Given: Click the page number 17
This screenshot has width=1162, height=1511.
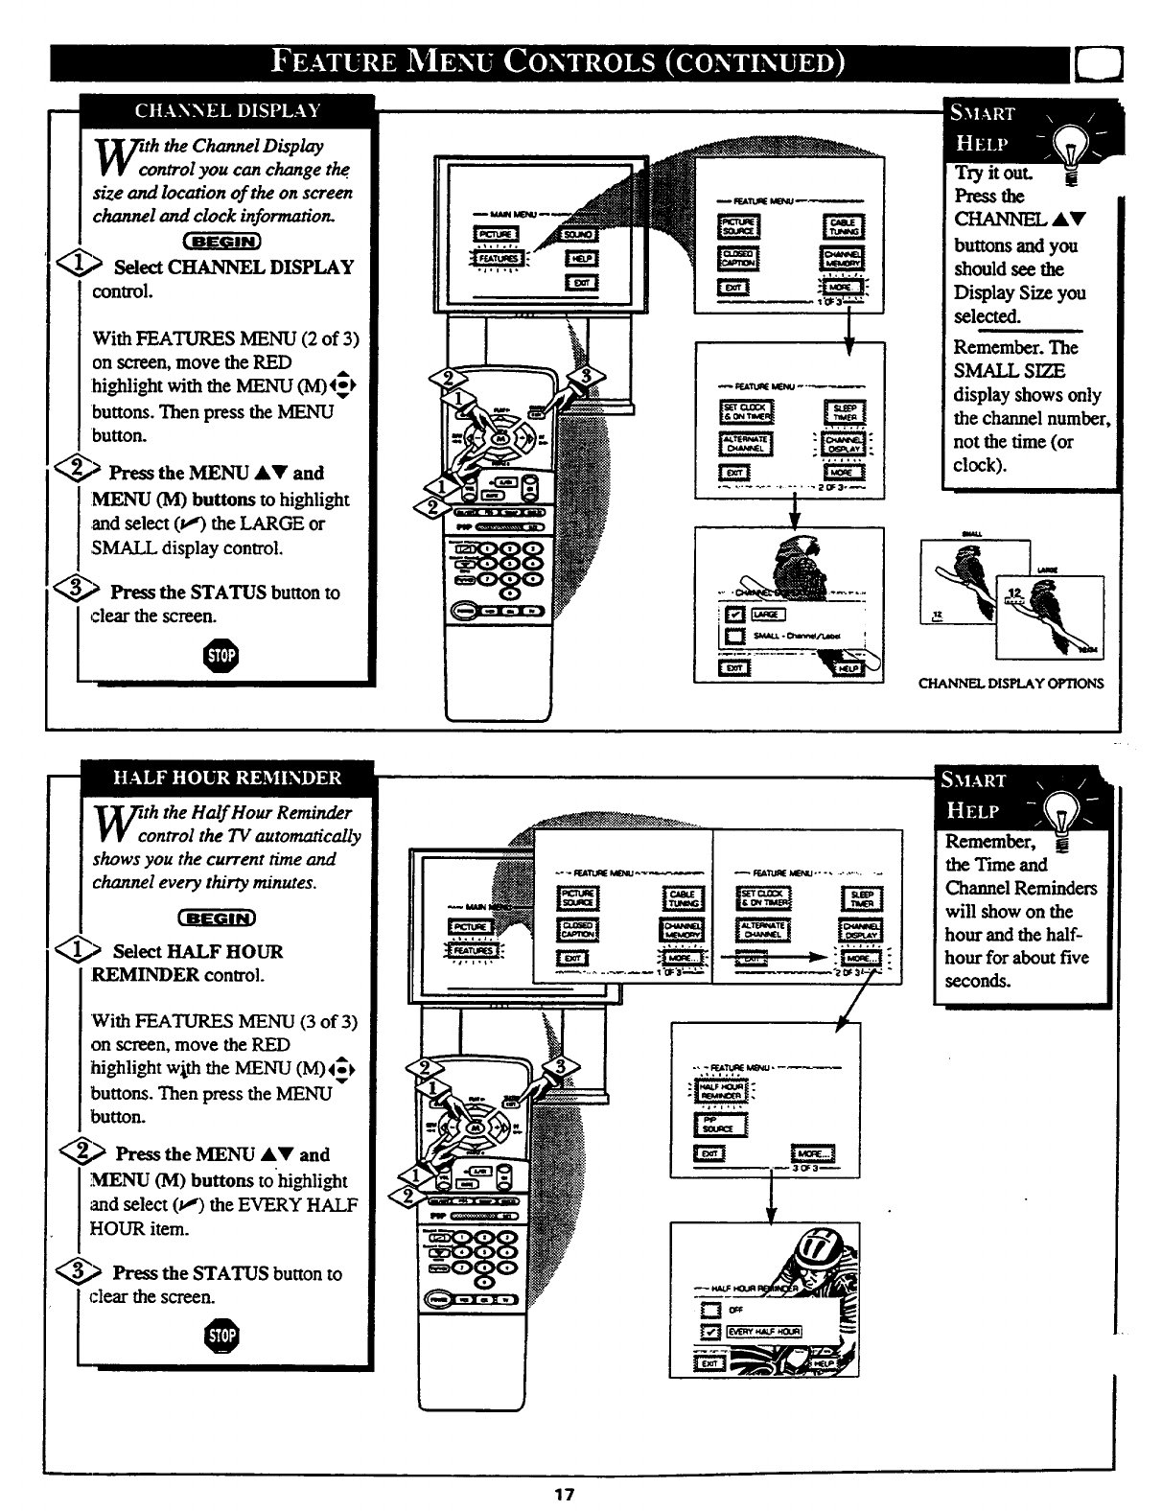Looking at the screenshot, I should coord(564,1494).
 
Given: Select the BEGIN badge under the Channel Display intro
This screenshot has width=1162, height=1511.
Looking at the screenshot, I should coord(221,241).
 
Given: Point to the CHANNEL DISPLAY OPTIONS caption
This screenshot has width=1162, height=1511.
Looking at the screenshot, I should coord(1011,684).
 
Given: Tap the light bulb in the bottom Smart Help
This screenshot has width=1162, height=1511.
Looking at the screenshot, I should coord(1058,823).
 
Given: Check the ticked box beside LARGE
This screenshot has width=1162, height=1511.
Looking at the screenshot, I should coord(735,615).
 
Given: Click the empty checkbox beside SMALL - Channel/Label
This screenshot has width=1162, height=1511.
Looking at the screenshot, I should coord(735,637).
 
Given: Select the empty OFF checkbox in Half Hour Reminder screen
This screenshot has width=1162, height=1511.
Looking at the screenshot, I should coord(709,1310).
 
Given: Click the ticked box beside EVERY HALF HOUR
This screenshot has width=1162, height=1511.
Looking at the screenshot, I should coord(709,1332).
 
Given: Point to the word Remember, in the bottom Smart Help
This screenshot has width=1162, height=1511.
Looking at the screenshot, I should coord(990,841).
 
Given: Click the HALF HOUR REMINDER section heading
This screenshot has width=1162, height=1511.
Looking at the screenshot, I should coord(227,777).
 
